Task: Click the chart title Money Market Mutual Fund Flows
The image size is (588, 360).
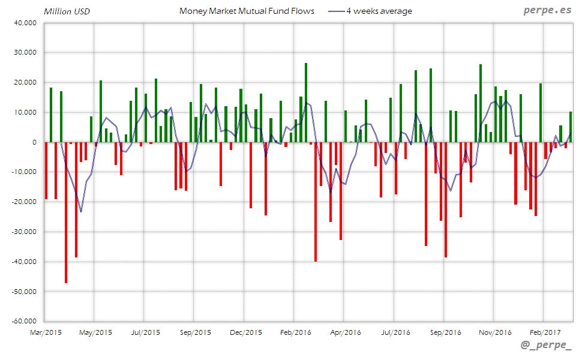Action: (x=246, y=11)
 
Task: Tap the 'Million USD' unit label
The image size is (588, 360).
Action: (x=67, y=11)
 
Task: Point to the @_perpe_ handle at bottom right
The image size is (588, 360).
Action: (x=546, y=346)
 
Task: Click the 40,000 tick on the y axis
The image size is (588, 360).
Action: (x=25, y=23)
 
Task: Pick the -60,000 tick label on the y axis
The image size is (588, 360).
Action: (x=23, y=321)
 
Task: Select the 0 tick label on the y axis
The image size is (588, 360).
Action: (x=34, y=142)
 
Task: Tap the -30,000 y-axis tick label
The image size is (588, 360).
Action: (x=23, y=232)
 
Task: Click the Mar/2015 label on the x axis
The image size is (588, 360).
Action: (x=45, y=332)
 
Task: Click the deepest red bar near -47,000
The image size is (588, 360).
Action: (x=66, y=212)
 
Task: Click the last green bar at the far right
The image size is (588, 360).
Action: (x=571, y=127)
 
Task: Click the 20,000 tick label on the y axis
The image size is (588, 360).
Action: (x=25, y=82)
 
